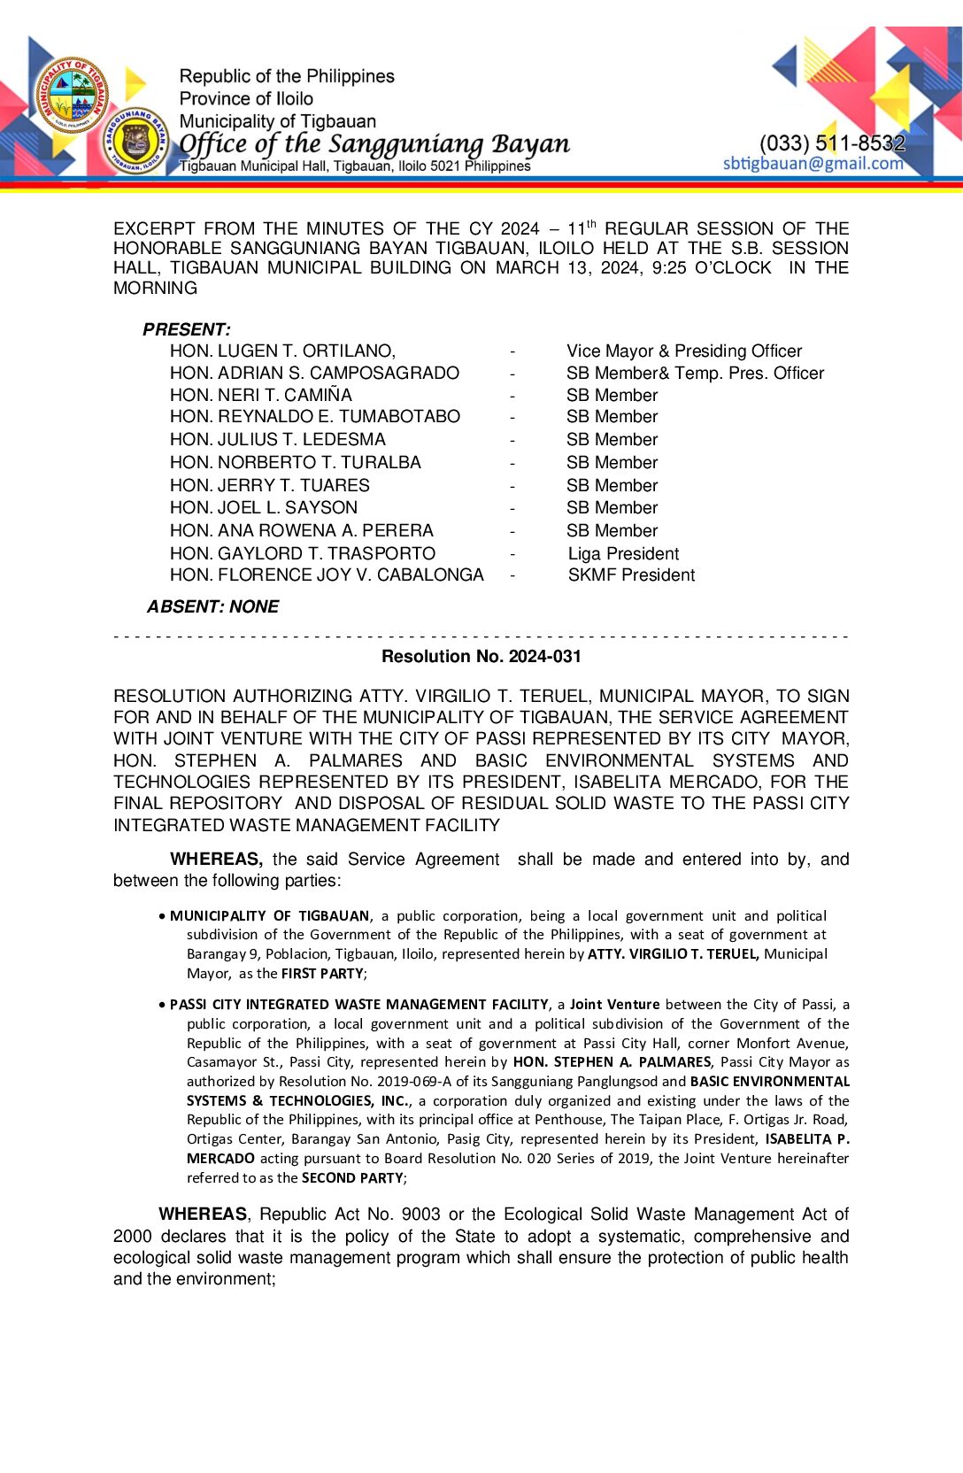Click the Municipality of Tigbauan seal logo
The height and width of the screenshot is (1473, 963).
click(x=71, y=96)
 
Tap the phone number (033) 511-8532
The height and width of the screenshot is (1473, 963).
click(x=831, y=143)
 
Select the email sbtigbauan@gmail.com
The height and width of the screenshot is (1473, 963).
click(x=813, y=164)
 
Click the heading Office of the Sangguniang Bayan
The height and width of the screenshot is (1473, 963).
click(x=374, y=144)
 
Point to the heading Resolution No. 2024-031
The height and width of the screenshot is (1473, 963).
click(x=481, y=657)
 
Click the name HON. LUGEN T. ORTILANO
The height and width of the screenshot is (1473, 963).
click(x=282, y=351)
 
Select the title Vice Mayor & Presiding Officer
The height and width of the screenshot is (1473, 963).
click(x=684, y=351)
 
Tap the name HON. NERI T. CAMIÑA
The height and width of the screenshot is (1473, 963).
click(x=261, y=395)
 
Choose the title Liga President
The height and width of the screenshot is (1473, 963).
click(x=623, y=554)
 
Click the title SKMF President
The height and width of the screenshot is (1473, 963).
click(x=631, y=575)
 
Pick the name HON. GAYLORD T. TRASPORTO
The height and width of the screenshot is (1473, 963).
click(x=303, y=554)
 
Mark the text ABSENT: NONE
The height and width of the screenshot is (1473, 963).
click(x=212, y=607)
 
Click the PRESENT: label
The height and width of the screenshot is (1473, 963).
click(x=187, y=330)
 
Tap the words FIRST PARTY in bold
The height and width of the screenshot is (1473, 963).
click(x=322, y=974)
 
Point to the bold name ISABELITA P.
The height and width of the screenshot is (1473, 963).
click(x=806, y=1139)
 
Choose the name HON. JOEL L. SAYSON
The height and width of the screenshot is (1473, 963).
click(x=264, y=508)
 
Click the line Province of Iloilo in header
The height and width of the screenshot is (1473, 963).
click(x=246, y=99)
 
